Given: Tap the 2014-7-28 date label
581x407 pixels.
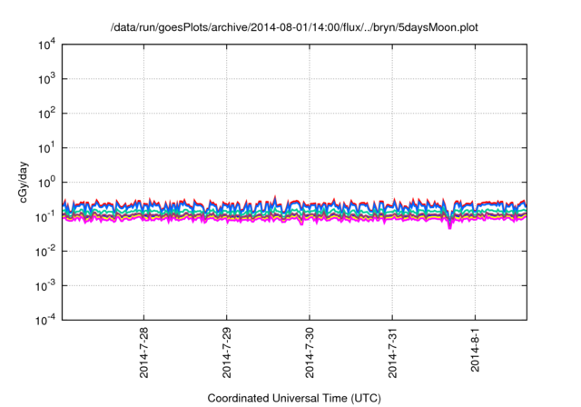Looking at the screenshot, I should pos(145,352).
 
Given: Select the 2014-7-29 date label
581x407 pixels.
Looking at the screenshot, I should pos(227,352).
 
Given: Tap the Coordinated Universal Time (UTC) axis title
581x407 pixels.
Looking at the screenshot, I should pos(293,397).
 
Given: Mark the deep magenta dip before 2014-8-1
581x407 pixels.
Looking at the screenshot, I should pos(449,225).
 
